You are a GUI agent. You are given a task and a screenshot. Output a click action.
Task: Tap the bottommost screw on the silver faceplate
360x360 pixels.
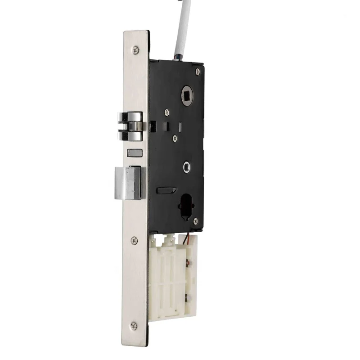[134, 325]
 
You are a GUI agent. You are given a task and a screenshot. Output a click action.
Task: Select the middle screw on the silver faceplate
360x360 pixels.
[134, 241]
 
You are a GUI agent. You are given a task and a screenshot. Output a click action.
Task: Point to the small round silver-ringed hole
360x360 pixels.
[186, 167]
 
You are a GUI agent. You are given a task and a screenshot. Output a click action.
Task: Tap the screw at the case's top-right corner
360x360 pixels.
[197, 72]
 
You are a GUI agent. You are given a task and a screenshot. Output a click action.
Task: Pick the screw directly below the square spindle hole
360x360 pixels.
[167, 111]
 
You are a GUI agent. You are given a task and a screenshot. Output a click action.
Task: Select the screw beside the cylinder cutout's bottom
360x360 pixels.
[195, 220]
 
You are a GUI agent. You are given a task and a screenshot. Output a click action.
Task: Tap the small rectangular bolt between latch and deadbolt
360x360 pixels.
[134, 153]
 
